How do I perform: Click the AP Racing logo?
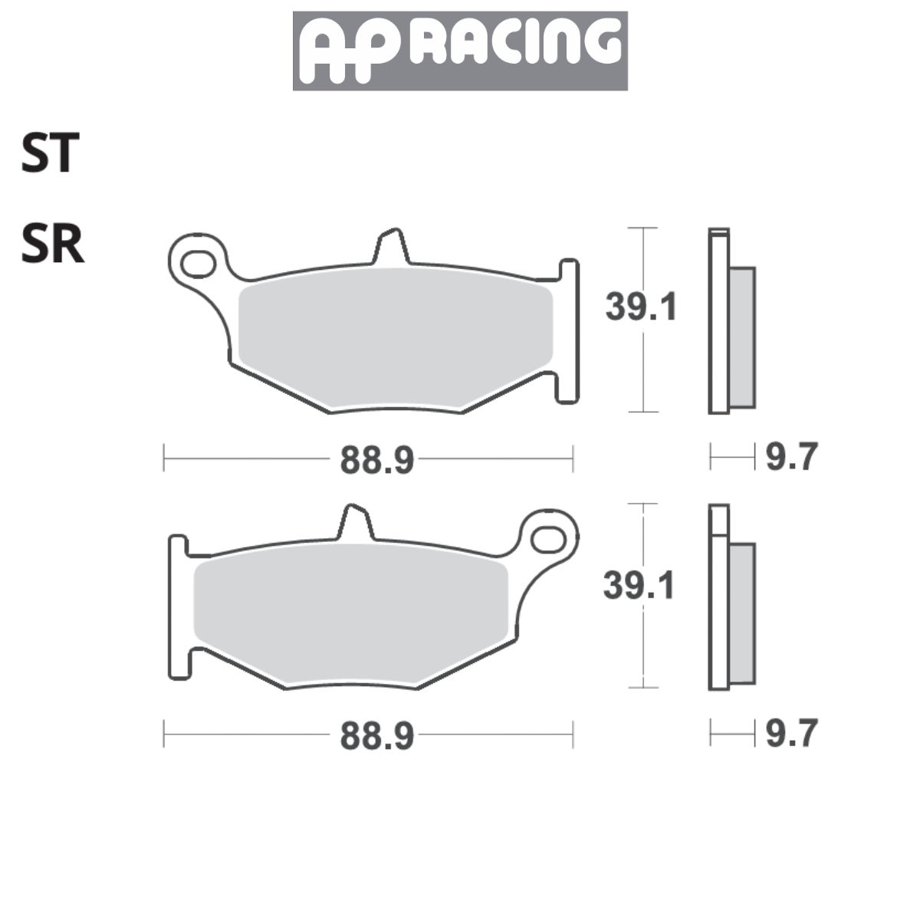460,51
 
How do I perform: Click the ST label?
50,153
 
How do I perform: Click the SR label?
52,245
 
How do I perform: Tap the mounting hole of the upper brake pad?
198,263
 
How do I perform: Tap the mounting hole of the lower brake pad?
547,539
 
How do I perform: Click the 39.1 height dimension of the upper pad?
642,308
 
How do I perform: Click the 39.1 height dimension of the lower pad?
639,586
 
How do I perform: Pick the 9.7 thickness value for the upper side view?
792,458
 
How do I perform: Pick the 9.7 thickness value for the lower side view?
792,734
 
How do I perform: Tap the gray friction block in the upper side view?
741,337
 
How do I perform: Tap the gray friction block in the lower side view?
741,613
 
